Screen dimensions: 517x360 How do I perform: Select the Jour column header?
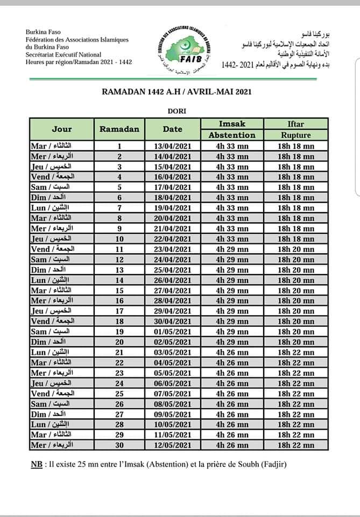coord(62,129)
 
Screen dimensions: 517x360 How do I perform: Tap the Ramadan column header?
coord(119,129)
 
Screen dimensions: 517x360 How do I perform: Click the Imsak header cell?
coord(232,124)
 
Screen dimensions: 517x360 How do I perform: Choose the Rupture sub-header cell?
coord(296,135)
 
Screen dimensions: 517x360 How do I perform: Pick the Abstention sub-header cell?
coord(232,135)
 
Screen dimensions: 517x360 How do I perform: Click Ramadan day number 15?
coord(119,291)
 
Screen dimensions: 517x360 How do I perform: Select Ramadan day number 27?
coord(119,414)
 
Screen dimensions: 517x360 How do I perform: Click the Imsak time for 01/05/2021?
coord(232,332)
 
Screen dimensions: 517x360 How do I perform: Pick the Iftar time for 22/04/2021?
coord(296,239)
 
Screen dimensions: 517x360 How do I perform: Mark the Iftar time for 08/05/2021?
coord(296,404)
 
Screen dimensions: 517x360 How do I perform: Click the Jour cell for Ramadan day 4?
coord(52,177)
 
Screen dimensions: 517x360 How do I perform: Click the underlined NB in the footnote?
coord(37,464)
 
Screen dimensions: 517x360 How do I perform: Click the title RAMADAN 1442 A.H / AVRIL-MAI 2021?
coord(177,92)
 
